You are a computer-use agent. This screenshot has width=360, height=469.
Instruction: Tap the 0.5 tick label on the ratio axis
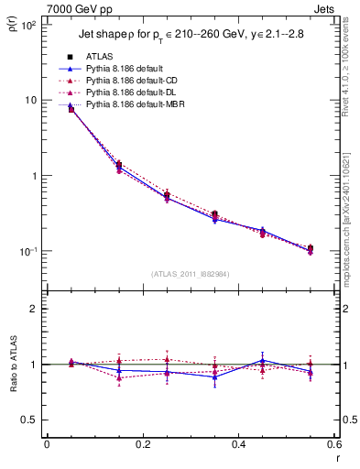point(28,420)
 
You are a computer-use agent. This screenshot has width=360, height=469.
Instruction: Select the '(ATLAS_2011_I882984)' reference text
point(190,274)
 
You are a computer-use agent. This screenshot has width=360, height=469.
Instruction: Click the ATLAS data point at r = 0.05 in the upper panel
point(71,109)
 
